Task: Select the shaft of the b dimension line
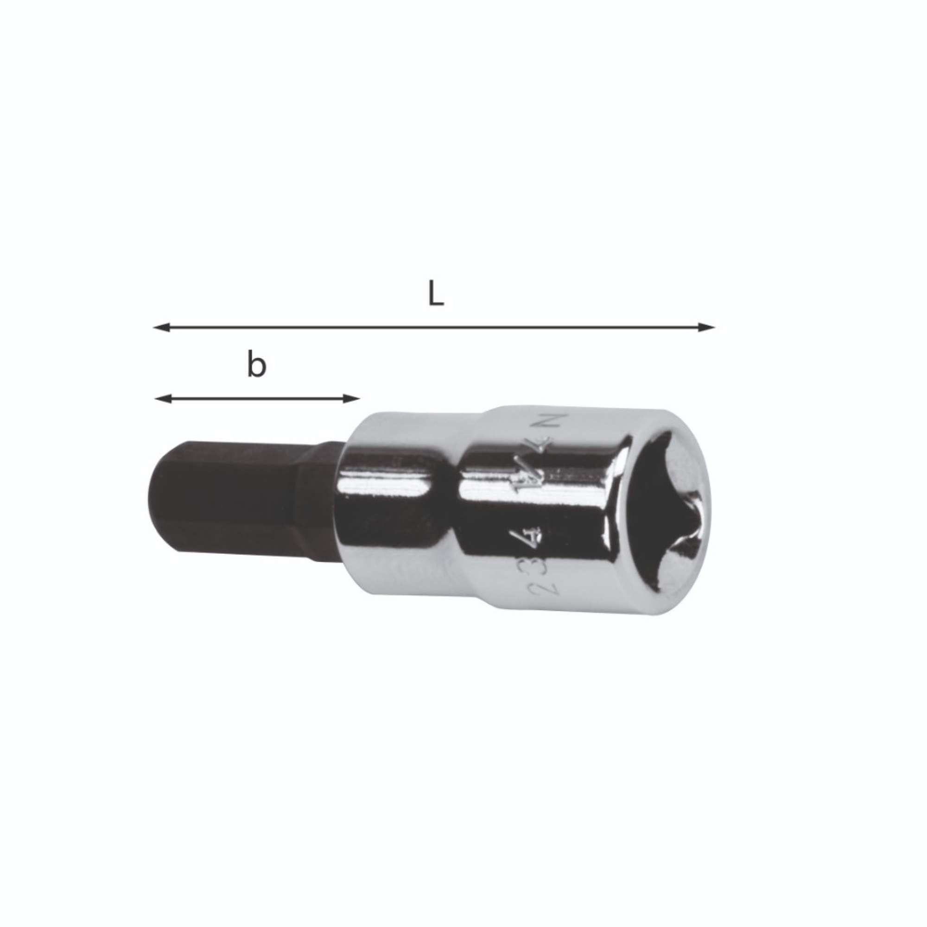pyautogui.click(x=257, y=398)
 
